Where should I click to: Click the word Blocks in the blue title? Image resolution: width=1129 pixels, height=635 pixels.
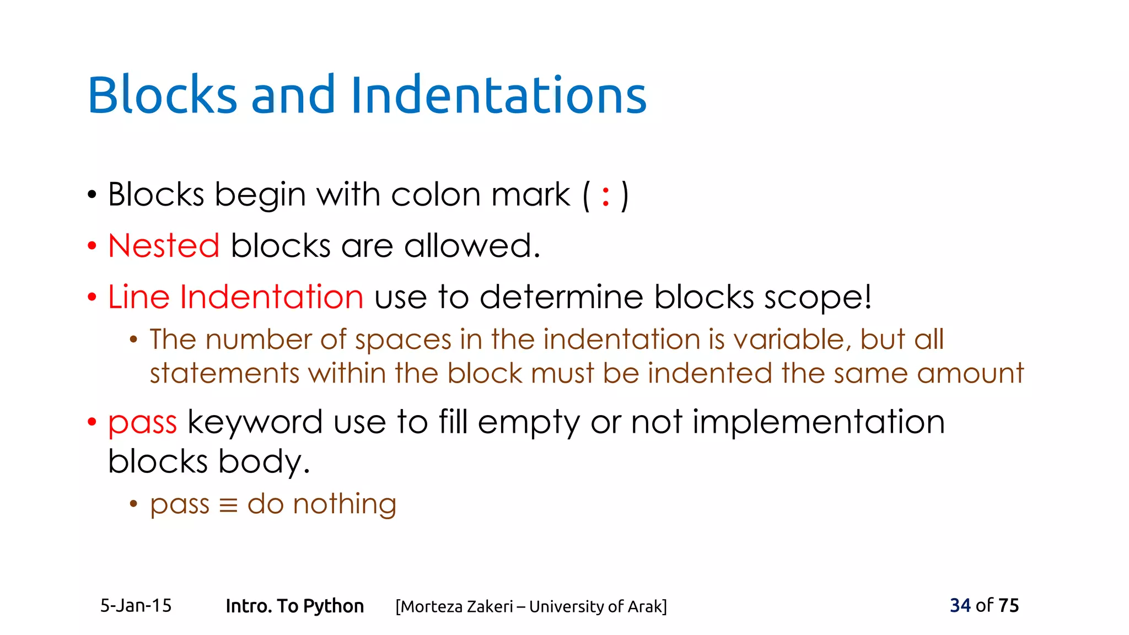point(162,95)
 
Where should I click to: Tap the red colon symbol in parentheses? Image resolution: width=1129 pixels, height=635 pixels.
point(606,196)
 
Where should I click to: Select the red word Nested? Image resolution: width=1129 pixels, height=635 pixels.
point(164,246)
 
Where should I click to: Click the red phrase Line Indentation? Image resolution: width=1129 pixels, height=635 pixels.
point(235,297)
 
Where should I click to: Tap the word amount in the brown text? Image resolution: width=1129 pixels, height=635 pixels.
point(970,374)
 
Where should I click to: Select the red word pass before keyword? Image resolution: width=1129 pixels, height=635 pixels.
point(142,423)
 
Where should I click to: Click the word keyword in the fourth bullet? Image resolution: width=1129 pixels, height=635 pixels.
point(255,422)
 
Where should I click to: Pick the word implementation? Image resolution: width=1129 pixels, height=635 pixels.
point(819,422)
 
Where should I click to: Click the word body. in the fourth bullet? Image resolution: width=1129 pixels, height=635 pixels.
point(264,461)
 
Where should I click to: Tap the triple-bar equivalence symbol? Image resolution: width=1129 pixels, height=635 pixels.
point(228,505)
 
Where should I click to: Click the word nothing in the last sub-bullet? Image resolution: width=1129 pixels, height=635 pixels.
point(344,504)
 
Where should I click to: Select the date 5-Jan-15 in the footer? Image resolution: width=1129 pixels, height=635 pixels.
point(136,606)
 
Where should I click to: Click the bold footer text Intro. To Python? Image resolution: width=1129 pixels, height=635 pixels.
point(294,606)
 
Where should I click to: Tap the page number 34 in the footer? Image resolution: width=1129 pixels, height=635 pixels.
point(960,606)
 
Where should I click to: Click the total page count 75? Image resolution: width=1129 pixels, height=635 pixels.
point(1008,606)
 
